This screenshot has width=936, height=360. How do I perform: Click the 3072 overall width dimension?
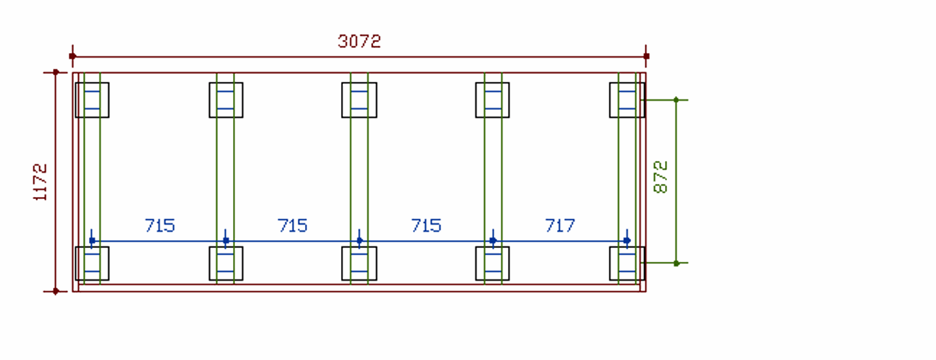(x=359, y=41)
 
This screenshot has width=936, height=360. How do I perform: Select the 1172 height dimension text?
(x=41, y=182)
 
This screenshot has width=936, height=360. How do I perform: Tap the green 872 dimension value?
(x=661, y=177)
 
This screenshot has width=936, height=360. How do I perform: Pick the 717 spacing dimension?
(x=560, y=226)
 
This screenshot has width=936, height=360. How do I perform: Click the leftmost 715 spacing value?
(x=160, y=226)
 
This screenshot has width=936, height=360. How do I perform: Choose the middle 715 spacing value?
(x=293, y=226)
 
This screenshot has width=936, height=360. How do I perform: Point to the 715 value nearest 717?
(x=426, y=226)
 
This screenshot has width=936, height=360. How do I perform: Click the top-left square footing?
(x=92, y=99)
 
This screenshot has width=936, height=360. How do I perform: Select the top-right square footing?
(x=627, y=99)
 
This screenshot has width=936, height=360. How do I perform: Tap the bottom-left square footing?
(x=92, y=263)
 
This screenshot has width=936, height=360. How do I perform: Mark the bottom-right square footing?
(x=627, y=263)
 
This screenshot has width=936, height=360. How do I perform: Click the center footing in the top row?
(x=359, y=99)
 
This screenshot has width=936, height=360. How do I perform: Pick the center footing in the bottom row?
(x=359, y=263)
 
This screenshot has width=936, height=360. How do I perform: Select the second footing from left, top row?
(x=226, y=99)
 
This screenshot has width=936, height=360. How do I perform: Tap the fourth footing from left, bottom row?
(x=492, y=263)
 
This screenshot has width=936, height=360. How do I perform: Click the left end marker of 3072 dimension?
(x=73, y=56)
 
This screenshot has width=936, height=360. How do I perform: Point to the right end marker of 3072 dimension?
(x=646, y=56)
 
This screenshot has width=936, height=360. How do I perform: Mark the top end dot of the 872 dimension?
(x=676, y=99)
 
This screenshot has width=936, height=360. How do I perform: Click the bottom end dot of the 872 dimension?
(x=676, y=263)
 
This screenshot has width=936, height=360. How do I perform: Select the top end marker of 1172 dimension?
(x=56, y=72)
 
